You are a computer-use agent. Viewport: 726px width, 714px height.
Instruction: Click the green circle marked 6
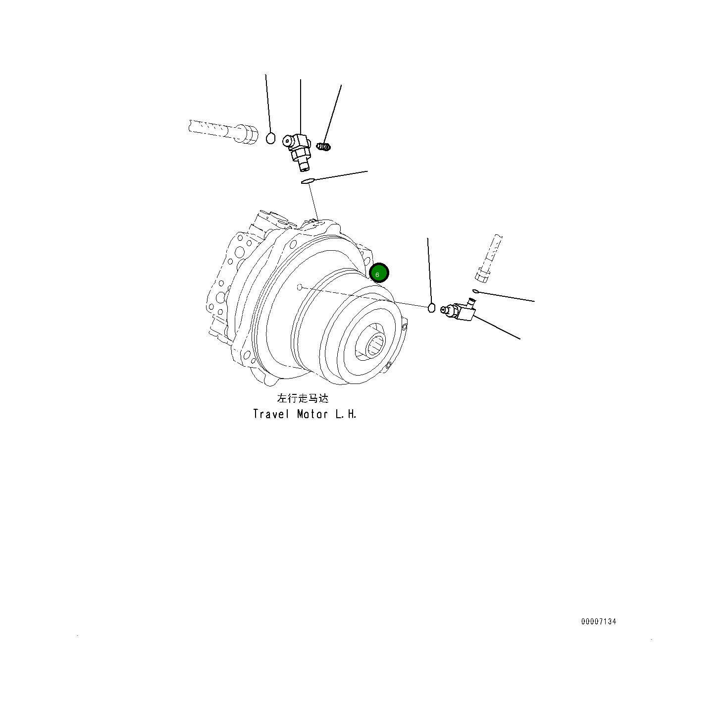[379, 273]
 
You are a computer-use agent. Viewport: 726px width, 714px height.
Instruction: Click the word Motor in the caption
[312, 414]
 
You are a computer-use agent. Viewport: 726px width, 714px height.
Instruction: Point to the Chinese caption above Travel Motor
[303, 398]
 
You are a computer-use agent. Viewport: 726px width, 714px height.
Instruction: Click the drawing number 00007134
[599, 621]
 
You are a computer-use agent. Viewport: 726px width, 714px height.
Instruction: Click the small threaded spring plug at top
[324, 147]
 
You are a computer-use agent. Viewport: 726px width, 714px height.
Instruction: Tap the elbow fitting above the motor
[298, 148]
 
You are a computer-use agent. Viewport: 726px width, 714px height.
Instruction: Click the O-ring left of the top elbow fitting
[270, 138]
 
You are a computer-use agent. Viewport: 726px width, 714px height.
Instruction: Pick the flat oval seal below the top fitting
[308, 181]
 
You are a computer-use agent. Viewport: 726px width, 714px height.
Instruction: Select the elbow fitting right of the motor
[461, 311]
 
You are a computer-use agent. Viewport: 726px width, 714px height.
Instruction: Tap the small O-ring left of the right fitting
[431, 308]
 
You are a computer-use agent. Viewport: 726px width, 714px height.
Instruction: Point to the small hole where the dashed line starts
[300, 287]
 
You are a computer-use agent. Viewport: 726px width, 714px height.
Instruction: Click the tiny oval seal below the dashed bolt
[475, 291]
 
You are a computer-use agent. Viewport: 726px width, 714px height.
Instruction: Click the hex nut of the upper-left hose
[246, 134]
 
